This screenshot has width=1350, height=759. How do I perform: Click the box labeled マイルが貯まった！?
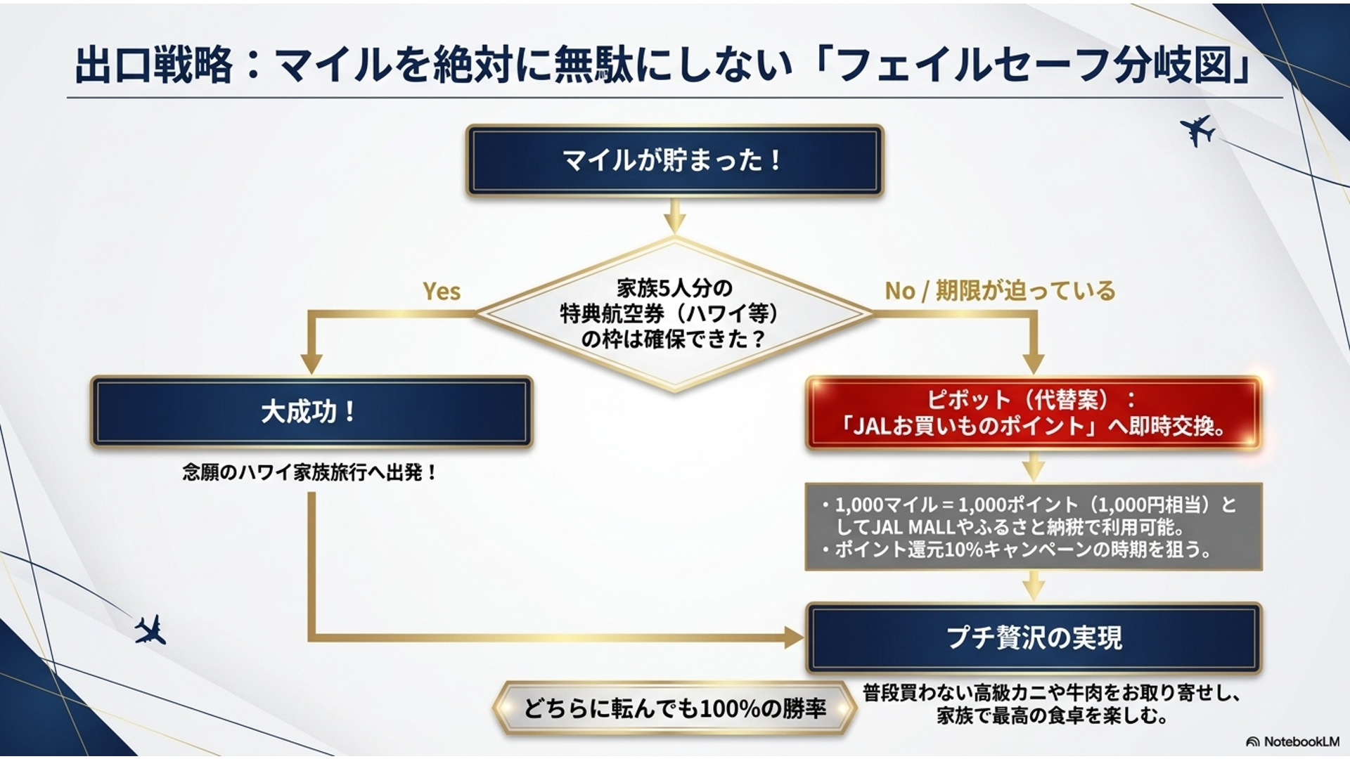click(674, 160)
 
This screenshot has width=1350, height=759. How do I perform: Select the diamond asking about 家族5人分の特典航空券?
click(674, 313)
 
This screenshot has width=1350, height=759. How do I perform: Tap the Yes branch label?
click(442, 291)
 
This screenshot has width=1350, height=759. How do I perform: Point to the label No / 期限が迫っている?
click(999, 290)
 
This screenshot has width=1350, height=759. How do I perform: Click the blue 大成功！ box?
click(311, 412)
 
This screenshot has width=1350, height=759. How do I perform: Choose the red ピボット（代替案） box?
click(1033, 413)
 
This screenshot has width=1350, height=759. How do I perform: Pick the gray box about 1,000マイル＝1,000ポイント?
click(1033, 526)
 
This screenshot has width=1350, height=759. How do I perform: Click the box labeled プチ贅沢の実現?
click(1033, 637)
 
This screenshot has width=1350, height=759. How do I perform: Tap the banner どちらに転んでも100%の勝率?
click(674, 708)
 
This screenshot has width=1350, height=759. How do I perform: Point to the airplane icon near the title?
click(1197, 130)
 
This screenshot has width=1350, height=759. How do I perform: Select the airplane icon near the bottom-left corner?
click(150, 630)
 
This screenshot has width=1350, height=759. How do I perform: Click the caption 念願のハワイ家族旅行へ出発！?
click(310, 472)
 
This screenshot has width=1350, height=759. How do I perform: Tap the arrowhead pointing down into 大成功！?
click(311, 364)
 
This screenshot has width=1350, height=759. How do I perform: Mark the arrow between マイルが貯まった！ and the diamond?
click(674, 216)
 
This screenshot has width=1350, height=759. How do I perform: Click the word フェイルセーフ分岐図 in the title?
click(1036, 65)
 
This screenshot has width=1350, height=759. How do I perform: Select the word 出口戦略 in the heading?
click(153, 65)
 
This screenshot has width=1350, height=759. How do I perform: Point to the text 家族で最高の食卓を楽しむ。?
click(1052, 717)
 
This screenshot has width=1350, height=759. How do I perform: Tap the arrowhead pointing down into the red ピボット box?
click(1033, 364)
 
